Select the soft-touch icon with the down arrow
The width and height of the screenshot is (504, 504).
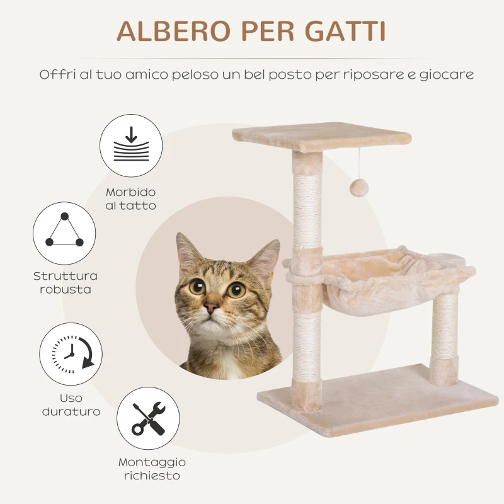point(131,146)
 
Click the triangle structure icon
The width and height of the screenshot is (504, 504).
point(64,233)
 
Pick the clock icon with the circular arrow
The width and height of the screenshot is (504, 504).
point(71,354)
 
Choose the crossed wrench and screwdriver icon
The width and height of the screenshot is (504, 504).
point(148,418)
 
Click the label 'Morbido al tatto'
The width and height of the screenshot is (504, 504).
point(131,199)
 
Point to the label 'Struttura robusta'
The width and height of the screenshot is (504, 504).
point(66,283)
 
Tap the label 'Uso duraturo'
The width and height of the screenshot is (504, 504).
point(71,405)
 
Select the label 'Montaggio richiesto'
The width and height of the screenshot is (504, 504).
point(152,469)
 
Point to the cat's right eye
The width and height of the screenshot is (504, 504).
point(237,290)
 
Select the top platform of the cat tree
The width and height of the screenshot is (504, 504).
point(321,135)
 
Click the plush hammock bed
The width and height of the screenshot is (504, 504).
point(378,277)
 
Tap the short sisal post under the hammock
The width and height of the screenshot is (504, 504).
point(445,337)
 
